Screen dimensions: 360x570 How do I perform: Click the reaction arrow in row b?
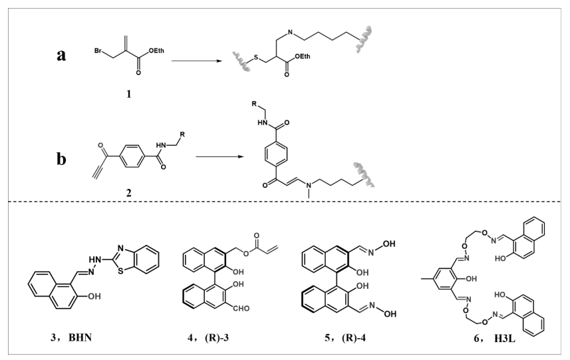coord(220,160)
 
